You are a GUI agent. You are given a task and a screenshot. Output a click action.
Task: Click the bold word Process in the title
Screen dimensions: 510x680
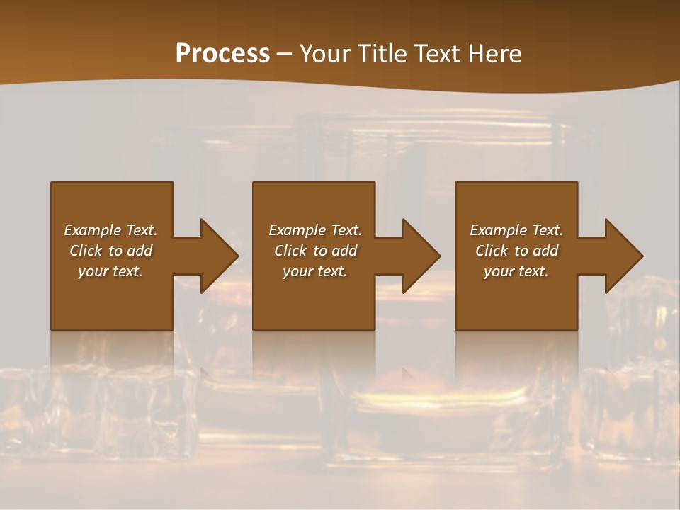pyautogui.click(x=222, y=54)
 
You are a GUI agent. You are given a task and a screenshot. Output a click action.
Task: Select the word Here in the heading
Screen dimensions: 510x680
pyautogui.click(x=495, y=54)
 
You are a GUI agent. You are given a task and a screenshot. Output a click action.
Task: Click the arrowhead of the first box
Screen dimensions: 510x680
pyautogui.click(x=218, y=256)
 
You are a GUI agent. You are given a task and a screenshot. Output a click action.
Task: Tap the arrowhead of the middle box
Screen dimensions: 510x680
pyautogui.click(x=421, y=256)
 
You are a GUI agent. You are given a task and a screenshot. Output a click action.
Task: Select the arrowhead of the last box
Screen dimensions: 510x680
pyautogui.click(x=623, y=256)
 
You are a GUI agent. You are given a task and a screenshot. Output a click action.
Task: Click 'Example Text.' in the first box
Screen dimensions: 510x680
pyautogui.click(x=110, y=230)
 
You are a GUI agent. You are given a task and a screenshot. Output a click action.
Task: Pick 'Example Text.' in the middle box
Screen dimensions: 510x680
pyautogui.click(x=314, y=230)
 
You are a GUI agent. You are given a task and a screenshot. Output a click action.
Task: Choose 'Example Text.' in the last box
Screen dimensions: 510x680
pyautogui.click(x=516, y=230)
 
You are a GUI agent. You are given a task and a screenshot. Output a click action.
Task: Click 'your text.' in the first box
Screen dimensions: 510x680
pyautogui.click(x=110, y=271)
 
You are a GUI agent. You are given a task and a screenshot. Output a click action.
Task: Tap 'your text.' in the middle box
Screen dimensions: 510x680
pyautogui.click(x=314, y=271)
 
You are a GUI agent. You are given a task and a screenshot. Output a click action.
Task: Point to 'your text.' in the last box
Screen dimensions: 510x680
pyautogui.click(x=516, y=271)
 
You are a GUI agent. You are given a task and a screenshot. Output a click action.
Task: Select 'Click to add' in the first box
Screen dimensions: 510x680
pyautogui.click(x=110, y=251)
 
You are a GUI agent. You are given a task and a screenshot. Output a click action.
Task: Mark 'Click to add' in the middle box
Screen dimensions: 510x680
pyautogui.click(x=314, y=251)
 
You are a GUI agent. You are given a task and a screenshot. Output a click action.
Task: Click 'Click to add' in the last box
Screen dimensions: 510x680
pyautogui.click(x=516, y=251)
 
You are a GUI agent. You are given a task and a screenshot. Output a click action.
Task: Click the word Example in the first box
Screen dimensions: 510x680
pyautogui.click(x=93, y=230)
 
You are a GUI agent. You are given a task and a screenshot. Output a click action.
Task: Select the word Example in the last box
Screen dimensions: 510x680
pyautogui.click(x=499, y=230)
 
